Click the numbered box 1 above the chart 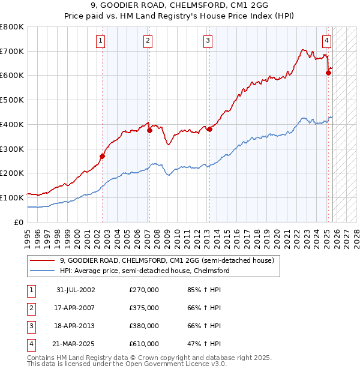100,41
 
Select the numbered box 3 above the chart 208,41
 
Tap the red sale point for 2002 102,156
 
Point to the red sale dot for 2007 149,130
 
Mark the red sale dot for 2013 209,129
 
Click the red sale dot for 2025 328,73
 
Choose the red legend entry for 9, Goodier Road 167,260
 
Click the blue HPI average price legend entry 145,271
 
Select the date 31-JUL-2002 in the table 76,290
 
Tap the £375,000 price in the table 144,308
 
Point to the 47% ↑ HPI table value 204,344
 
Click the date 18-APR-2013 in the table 76,326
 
